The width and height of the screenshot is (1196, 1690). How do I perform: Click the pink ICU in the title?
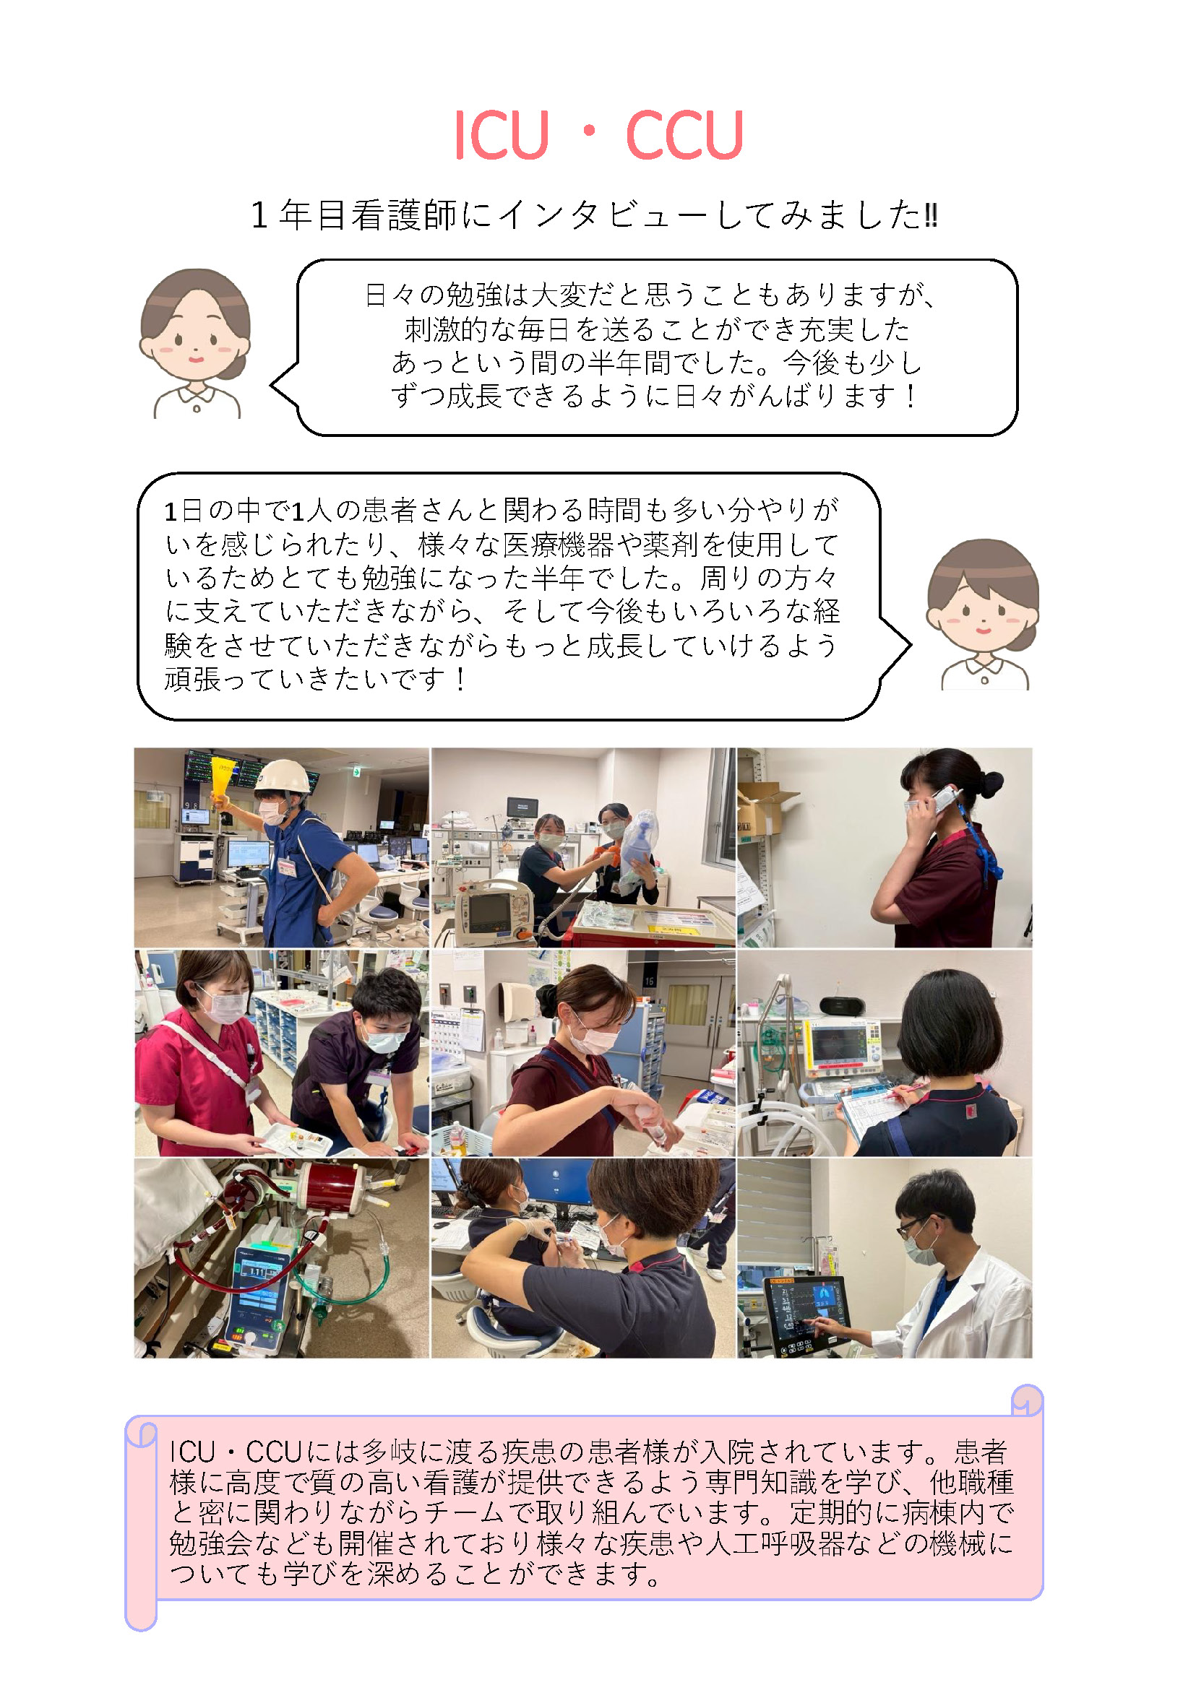tap(502, 135)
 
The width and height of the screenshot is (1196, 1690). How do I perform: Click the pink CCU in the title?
tap(685, 135)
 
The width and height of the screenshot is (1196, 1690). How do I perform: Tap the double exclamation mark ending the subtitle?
tap(931, 215)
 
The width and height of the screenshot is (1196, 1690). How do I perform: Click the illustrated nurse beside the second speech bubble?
tap(983, 615)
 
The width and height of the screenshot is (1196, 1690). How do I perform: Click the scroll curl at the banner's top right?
tap(1027, 1400)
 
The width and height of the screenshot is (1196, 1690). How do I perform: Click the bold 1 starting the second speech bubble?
tap(170, 511)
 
